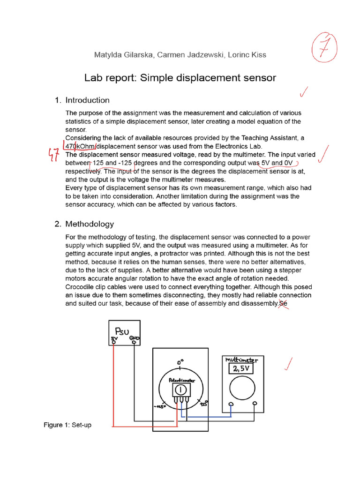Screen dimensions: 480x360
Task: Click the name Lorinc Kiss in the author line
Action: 246,55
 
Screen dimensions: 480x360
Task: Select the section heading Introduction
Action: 87,100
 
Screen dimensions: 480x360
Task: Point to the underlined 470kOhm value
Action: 80,146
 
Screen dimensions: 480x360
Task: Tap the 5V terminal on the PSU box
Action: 113,343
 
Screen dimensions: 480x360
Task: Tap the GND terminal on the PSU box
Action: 135,342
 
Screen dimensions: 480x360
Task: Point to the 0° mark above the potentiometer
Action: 180,362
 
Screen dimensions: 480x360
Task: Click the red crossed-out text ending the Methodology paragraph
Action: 282,304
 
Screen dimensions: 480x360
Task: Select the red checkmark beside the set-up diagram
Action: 287,364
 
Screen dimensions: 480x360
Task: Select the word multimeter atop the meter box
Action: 242,360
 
